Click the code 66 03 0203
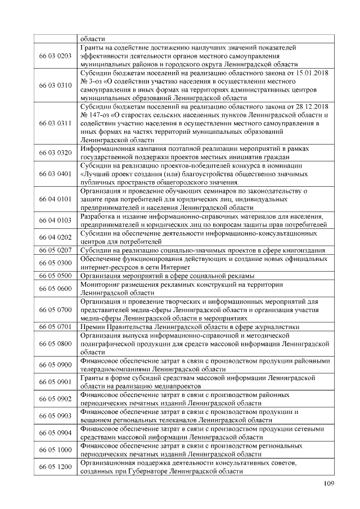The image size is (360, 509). click(x=56, y=56)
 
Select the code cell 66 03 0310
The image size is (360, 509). click(x=56, y=85)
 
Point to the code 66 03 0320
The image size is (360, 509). click(x=56, y=152)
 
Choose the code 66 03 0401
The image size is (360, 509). click(x=56, y=174)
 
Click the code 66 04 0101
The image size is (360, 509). click(x=56, y=199)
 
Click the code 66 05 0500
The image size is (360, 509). click(x=56, y=276)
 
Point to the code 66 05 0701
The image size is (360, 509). click(x=56, y=326)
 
